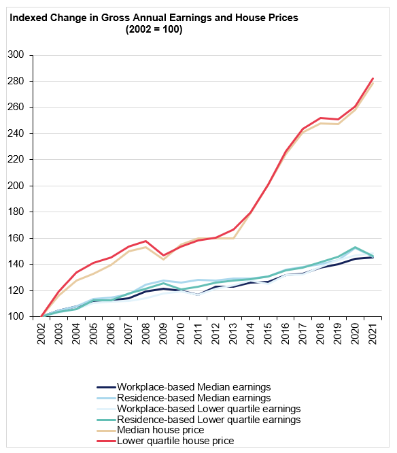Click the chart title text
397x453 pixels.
point(154,23)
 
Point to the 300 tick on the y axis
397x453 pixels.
point(16,54)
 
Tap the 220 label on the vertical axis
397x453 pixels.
point(16,159)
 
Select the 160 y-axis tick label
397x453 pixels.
point(16,238)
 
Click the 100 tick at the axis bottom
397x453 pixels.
point(16,316)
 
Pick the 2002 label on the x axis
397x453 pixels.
point(41,334)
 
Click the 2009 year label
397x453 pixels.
point(164,334)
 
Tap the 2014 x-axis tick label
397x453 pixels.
point(251,334)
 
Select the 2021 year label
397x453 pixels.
point(373,334)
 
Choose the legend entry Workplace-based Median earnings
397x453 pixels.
point(184,387)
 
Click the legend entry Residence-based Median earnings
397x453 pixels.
point(184,398)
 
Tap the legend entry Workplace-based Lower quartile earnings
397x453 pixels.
point(198,409)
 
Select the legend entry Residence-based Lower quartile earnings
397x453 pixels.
point(198,420)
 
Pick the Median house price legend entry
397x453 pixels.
point(150,430)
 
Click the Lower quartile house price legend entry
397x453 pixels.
point(165,441)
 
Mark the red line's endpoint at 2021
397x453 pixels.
point(373,78)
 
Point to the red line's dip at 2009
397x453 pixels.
point(164,255)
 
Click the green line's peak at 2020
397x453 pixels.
point(355,248)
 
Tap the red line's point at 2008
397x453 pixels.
point(146,241)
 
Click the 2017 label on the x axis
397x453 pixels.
point(303,334)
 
